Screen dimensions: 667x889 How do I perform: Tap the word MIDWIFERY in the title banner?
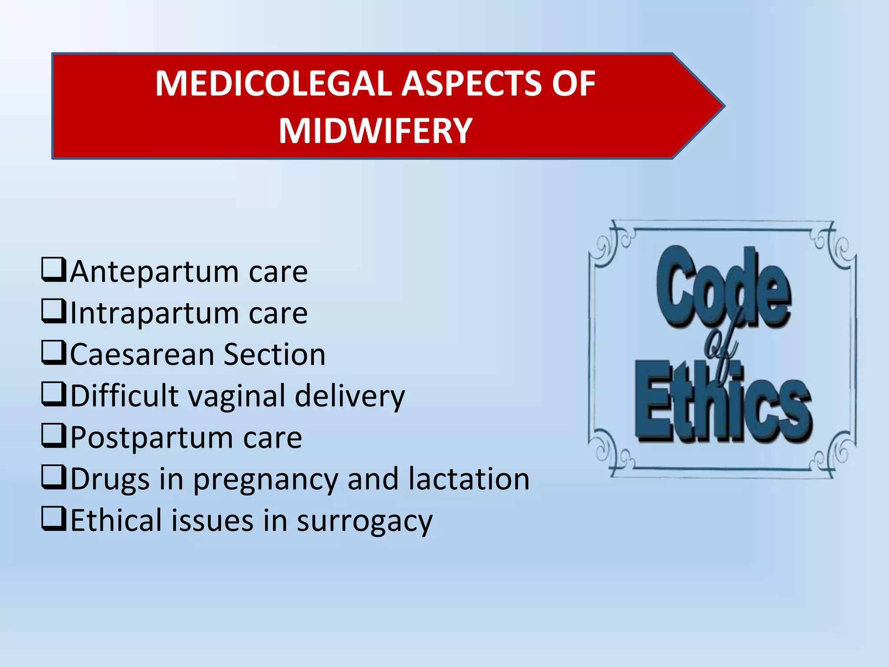pyautogui.click(x=375, y=131)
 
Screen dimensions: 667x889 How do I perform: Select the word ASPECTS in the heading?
pyautogui.click(x=471, y=83)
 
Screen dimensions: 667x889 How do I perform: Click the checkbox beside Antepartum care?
pyautogui.click(x=54, y=270)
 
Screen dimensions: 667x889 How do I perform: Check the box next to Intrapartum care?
pyautogui.click(x=54, y=311)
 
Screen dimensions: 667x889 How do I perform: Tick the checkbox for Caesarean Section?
pyautogui.click(x=54, y=352)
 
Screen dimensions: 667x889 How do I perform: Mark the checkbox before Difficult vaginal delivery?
pyautogui.click(x=54, y=393)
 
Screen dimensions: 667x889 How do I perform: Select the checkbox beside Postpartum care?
pyautogui.click(x=54, y=435)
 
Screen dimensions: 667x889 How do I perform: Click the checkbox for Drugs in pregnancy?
pyautogui.click(x=54, y=477)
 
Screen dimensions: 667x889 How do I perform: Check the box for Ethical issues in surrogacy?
pyautogui.click(x=54, y=518)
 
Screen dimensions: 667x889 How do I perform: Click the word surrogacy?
pyautogui.click(x=365, y=521)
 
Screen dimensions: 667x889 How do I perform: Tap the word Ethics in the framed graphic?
pyautogui.click(x=722, y=404)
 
